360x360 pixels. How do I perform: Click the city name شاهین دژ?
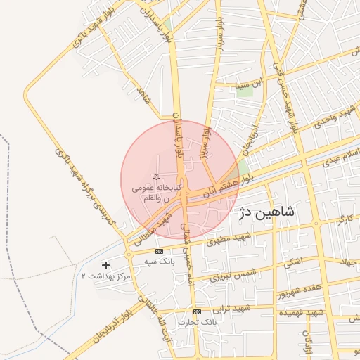tap(268, 212)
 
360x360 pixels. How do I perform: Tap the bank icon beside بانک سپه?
tap(159, 251)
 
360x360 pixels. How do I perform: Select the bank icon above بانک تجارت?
tap(197, 311)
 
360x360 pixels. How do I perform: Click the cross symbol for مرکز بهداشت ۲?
tap(105, 265)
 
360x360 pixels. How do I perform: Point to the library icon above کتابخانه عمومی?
tap(157, 175)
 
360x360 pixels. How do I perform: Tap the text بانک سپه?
tap(159, 262)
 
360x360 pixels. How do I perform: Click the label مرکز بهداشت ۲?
tap(106, 276)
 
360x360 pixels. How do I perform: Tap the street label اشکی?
tap(290, 264)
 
